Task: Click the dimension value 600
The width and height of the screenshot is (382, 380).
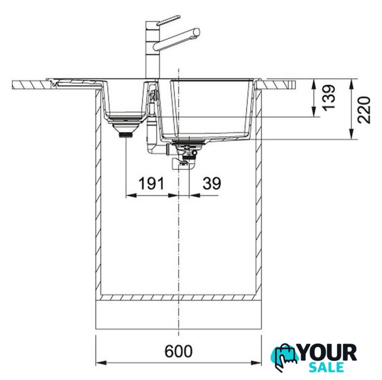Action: point(178,351)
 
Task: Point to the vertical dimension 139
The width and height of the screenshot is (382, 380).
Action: point(329,97)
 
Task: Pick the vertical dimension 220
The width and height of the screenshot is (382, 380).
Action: point(364,110)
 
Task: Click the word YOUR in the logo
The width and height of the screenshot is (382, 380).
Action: point(328,353)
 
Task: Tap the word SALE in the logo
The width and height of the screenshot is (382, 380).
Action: point(326,367)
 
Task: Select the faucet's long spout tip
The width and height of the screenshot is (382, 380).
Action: point(197,33)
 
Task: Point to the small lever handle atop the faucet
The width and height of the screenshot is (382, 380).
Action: point(168,20)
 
